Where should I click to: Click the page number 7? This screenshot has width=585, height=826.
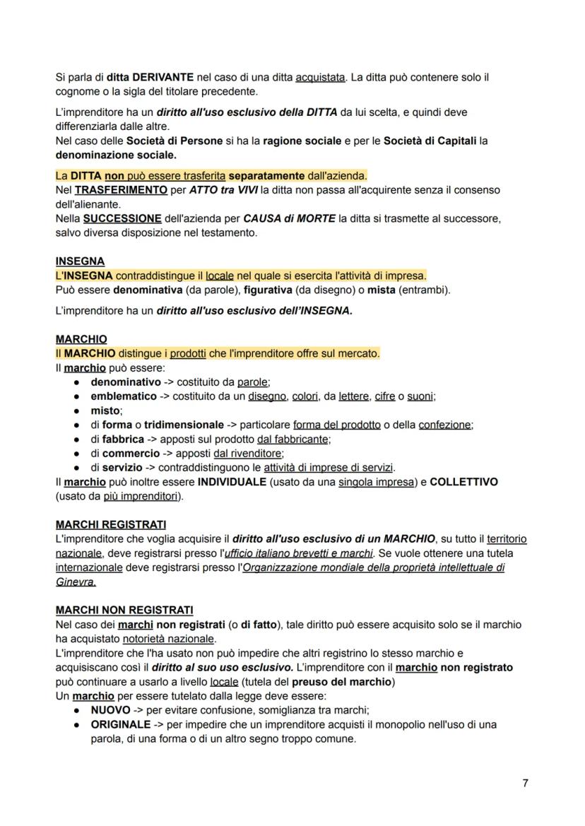(x=525, y=783)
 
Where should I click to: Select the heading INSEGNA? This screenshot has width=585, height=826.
(x=80, y=261)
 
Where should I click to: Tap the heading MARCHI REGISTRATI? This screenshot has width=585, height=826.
(x=111, y=524)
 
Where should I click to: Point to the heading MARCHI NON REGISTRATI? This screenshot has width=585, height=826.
(x=124, y=610)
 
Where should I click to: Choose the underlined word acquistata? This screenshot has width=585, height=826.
(x=321, y=77)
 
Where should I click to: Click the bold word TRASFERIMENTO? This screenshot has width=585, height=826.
(x=122, y=190)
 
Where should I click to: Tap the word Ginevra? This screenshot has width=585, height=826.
(x=76, y=582)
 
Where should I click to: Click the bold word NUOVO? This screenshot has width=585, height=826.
(x=110, y=710)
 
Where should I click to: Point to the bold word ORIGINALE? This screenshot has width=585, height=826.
(x=121, y=724)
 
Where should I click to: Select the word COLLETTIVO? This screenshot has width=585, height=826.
(x=463, y=482)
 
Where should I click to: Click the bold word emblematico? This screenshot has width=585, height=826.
(x=124, y=396)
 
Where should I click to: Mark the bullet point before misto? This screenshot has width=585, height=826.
(x=76, y=411)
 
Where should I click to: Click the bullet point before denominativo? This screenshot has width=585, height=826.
(x=76, y=382)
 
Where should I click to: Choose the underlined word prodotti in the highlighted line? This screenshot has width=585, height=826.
(x=188, y=353)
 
